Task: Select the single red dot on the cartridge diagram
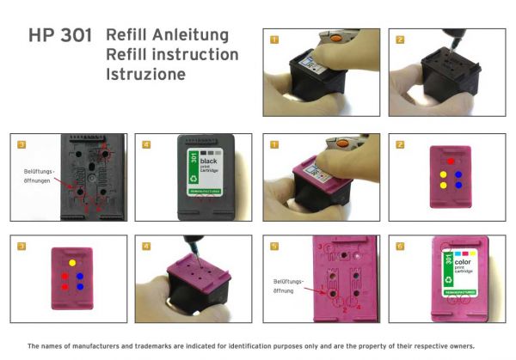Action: (x=450, y=161)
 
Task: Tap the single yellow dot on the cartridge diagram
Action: (x=73, y=261)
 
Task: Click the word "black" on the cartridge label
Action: (x=209, y=161)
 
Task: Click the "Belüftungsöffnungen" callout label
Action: (x=38, y=175)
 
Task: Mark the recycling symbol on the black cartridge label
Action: (x=194, y=180)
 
